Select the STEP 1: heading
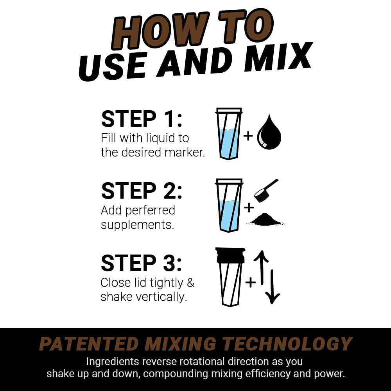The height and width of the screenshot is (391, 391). pyautogui.click(x=142, y=119)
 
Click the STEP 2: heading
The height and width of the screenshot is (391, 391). pyautogui.click(x=142, y=191)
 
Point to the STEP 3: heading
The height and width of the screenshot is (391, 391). pyautogui.click(x=142, y=263)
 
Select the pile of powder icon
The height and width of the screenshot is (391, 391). pyautogui.click(x=266, y=220)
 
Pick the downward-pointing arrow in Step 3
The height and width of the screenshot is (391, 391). pyautogui.click(x=273, y=287)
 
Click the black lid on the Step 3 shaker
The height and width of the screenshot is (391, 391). pyautogui.click(x=230, y=255)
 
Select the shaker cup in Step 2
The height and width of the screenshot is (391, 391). pyautogui.click(x=229, y=205)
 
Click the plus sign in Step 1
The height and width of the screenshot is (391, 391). pyautogui.click(x=248, y=136)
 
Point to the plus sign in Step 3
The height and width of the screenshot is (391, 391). pyautogui.click(x=250, y=282)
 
